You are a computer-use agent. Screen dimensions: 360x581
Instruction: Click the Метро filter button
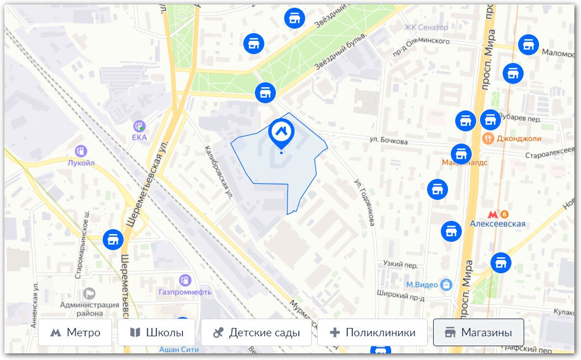[x=75, y=333]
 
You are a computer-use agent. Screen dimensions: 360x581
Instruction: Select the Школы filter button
[x=156, y=333]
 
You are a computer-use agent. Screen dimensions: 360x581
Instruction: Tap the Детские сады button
[x=256, y=333]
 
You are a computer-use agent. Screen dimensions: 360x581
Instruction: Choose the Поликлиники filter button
[x=372, y=333]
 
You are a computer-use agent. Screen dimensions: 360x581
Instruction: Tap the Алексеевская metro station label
[x=497, y=224]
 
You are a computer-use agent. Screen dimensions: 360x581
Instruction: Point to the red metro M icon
[x=493, y=214]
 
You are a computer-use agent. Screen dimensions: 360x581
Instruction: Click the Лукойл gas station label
[x=81, y=163]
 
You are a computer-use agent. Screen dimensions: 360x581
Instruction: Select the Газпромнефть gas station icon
[x=185, y=280]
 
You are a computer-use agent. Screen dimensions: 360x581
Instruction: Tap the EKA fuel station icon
[x=140, y=126]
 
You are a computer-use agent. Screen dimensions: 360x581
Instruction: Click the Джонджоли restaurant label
[x=519, y=139]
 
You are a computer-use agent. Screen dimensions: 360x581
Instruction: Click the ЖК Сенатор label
[x=426, y=27]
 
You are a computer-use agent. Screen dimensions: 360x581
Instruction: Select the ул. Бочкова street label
[x=390, y=142]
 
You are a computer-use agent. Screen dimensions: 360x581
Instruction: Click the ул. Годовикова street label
[x=365, y=202]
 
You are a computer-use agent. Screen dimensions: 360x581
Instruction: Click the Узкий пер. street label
[x=400, y=265]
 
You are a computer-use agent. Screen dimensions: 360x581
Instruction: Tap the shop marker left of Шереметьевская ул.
[x=113, y=239]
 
